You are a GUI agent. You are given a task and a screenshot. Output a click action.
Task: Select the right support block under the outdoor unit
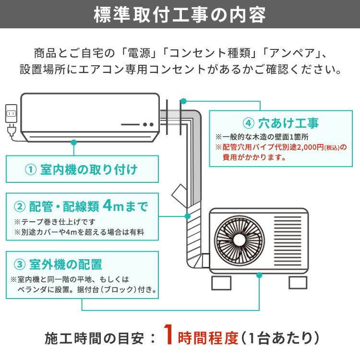(298, 282)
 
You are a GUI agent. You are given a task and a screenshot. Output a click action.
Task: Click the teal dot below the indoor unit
(73, 142)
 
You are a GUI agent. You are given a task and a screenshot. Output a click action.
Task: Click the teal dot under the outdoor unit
(260, 276)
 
